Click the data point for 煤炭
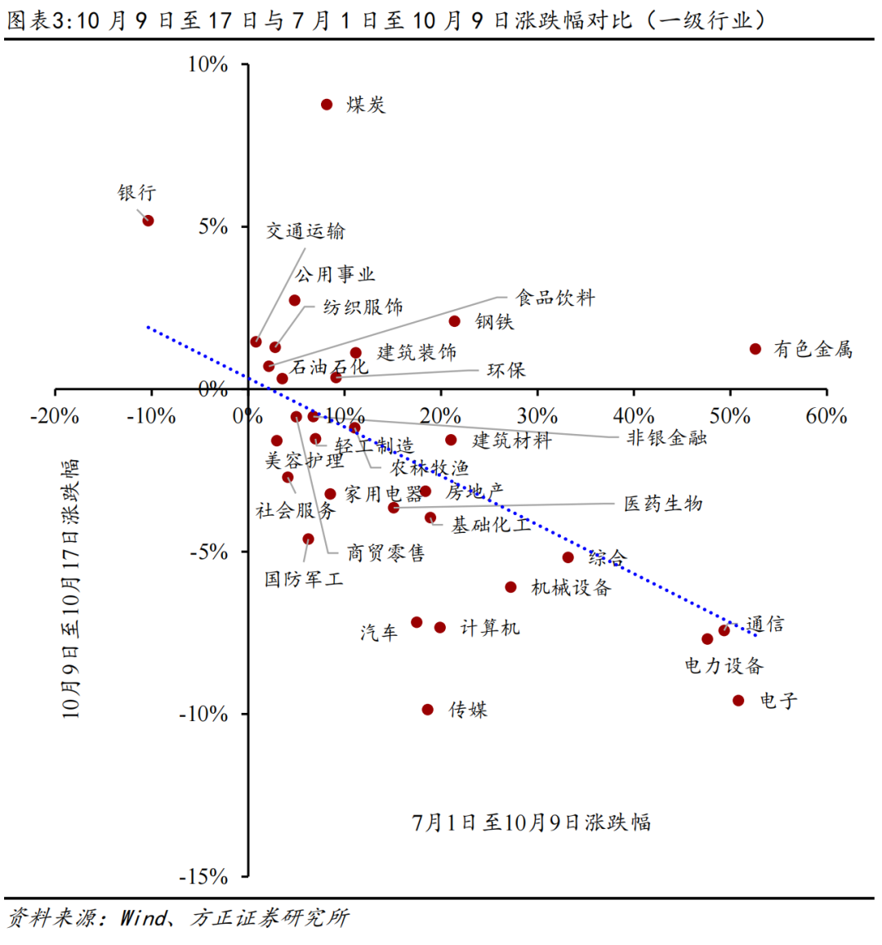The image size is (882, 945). click(327, 105)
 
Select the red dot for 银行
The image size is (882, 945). click(148, 221)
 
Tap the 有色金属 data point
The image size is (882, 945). click(755, 349)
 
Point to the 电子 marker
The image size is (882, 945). click(738, 701)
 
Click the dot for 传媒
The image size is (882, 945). click(428, 710)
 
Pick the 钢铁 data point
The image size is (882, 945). click(454, 321)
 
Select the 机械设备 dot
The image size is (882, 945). click(510, 587)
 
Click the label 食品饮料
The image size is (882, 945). click(555, 298)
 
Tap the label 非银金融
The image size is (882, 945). click(666, 437)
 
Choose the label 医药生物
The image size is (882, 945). click(663, 504)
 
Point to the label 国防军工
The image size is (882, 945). click(304, 580)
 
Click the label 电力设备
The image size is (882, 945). click(724, 665)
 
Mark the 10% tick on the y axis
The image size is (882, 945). click(208, 65)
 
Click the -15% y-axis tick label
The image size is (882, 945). click(204, 876)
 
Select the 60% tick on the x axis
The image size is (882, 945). click(826, 416)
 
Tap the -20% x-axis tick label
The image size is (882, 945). click(55, 416)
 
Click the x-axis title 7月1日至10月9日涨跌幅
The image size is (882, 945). click(532, 822)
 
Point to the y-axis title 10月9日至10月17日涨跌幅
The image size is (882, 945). click(72, 589)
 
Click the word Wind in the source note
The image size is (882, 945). click(143, 918)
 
